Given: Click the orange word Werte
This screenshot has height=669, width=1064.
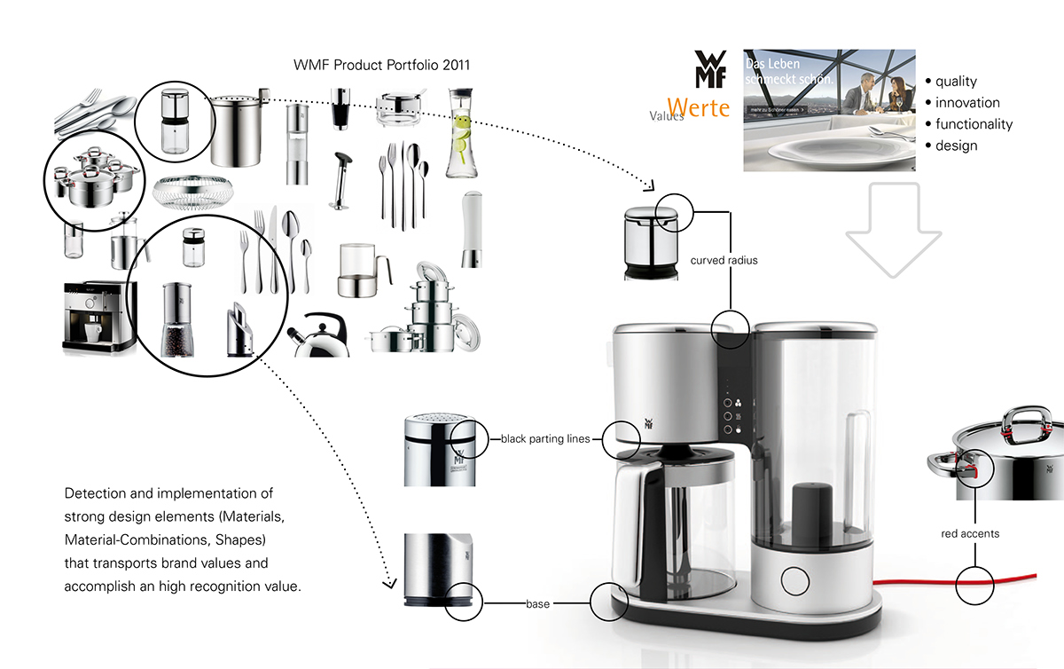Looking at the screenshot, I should (x=698, y=108).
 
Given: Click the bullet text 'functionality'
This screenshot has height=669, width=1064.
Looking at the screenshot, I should (x=974, y=124).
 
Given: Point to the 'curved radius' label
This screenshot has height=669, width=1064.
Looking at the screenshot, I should (x=724, y=261).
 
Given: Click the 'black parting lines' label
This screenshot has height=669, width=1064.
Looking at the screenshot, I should (x=545, y=438).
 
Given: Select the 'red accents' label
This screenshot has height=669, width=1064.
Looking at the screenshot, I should (x=970, y=533).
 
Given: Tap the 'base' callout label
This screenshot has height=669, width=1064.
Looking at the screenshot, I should (x=537, y=603).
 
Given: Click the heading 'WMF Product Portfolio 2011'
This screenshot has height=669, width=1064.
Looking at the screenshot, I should (x=382, y=65).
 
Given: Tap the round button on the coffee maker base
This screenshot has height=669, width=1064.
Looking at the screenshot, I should (x=795, y=580).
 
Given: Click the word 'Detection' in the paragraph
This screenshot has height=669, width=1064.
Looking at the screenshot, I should (x=97, y=493).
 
